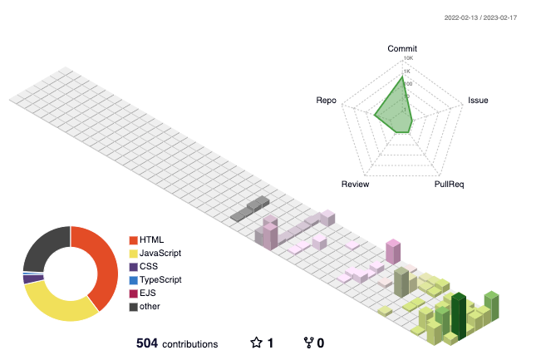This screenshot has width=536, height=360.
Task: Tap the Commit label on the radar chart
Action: pyautogui.click(x=402, y=49)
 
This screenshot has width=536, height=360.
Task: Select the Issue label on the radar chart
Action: pyautogui.click(x=478, y=101)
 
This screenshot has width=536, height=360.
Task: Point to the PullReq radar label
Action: pyautogui.click(x=450, y=182)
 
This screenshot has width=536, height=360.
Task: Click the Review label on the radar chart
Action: pyautogui.click(x=356, y=182)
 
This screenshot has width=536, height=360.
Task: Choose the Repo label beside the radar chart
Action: pyautogui.click(x=326, y=101)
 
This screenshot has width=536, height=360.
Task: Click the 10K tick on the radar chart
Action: pyautogui.click(x=408, y=58)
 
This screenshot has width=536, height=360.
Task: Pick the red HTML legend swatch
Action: pyautogui.click(x=133, y=239)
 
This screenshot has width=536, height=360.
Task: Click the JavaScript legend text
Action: pyautogui.click(x=160, y=253)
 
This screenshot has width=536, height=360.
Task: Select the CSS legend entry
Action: pyautogui.click(x=149, y=266)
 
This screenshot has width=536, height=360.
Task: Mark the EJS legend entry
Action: pyautogui.click(x=149, y=293)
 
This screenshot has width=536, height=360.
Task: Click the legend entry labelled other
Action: pyautogui.click(x=150, y=307)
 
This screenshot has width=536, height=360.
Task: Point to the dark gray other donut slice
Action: pyautogui.click(x=42, y=246)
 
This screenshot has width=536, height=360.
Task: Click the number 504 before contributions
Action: pyautogui.click(x=146, y=343)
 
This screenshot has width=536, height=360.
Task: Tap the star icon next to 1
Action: pyautogui.click(x=257, y=343)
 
